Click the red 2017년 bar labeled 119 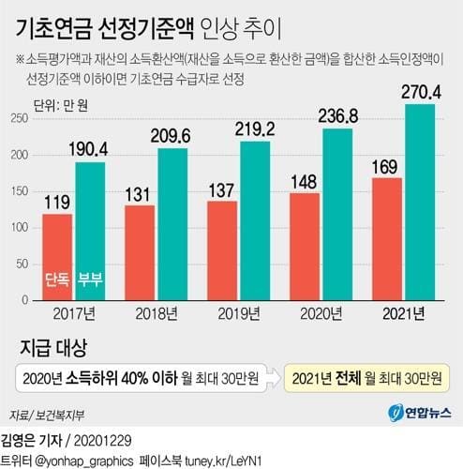click(57, 253)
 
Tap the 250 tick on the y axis click(19, 119)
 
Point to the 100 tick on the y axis click(19, 228)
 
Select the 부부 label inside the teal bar click(90, 280)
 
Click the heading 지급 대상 click(53, 350)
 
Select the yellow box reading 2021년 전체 click(370, 378)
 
